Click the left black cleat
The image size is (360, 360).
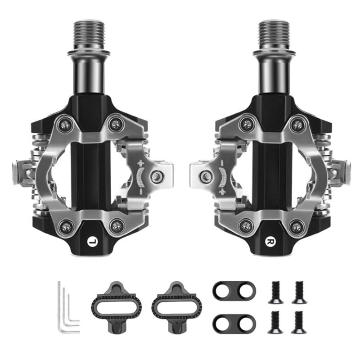116,306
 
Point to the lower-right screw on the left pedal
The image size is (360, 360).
117,225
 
